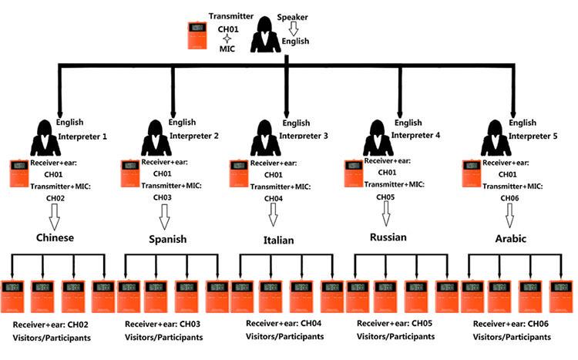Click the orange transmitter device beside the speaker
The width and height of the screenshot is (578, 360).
pyautogui.click(x=199, y=36)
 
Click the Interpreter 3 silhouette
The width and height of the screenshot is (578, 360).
pyautogui.click(x=266, y=139)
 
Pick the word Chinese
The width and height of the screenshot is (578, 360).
pyautogui.click(x=55, y=237)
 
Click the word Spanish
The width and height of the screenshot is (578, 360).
pyautogui.click(x=167, y=239)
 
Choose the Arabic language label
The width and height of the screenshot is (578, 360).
pyautogui.click(x=506, y=239)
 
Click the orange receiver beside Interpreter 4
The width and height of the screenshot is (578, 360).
pyautogui.click(x=352, y=173)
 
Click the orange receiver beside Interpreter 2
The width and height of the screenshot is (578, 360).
pyautogui.click(x=131, y=173)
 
